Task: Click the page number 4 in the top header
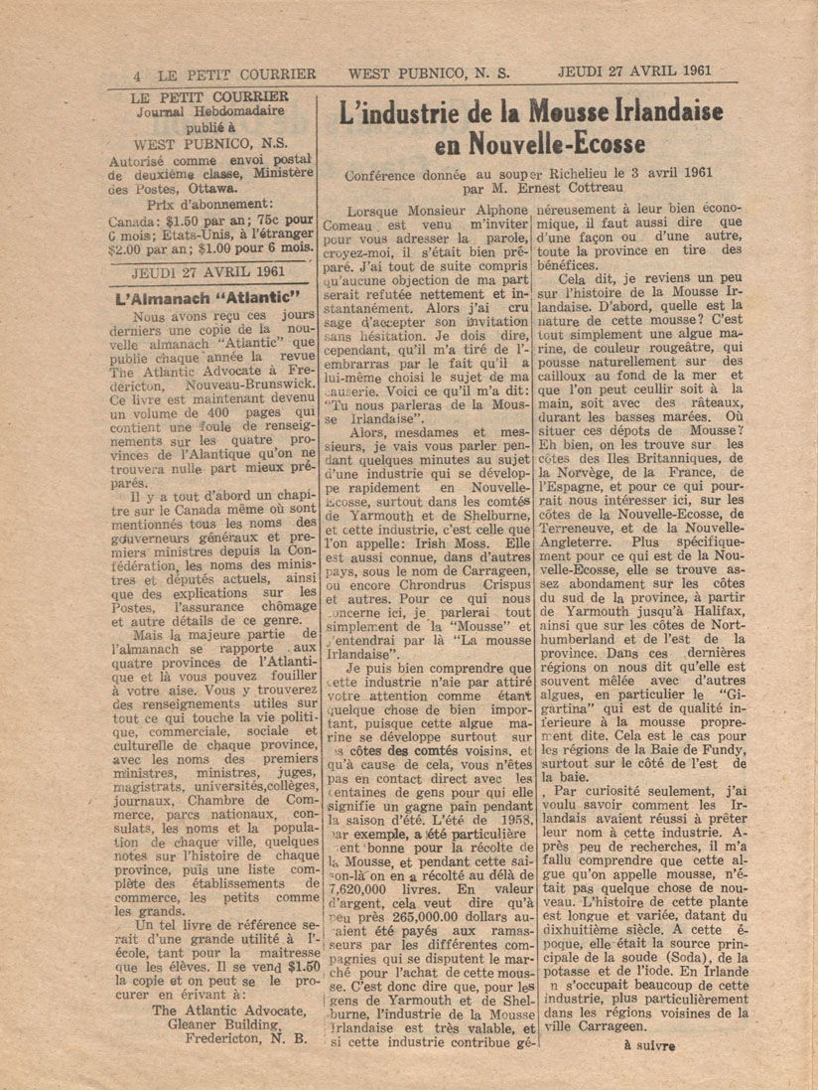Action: (x=138, y=74)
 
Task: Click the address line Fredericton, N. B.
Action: (x=246, y=1040)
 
